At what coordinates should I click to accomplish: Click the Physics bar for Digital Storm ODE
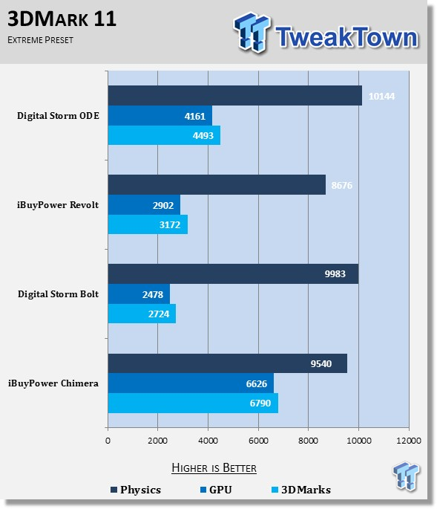tap(235, 95)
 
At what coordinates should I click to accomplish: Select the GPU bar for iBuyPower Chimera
tap(191, 383)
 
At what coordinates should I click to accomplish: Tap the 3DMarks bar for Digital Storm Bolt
tap(142, 314)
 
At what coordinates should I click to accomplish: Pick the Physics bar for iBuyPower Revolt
tap(217, 185)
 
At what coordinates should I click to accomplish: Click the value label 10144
tap(381, 97)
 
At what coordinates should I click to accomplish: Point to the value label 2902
tap(163, 206)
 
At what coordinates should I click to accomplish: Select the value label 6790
tap(260, 403)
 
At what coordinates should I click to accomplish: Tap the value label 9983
tap(335, 274)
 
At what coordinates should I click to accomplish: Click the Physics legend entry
tap(136, 490)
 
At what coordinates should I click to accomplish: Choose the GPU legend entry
tap(216, 490)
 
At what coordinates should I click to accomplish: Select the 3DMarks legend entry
tap(301, 490)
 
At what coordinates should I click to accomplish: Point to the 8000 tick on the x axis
tap(309, 441)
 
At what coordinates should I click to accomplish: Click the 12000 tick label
tap(409, 441)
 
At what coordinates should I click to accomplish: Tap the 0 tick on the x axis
tap(108, 441)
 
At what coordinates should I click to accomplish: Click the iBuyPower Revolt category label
tap(58, 205)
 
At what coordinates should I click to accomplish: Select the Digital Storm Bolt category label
tap(58, 294)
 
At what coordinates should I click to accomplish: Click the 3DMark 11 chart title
tap(62, 19)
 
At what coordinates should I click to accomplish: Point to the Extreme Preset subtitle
tap(40, 40)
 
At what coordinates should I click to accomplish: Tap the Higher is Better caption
tap(214, 468)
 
